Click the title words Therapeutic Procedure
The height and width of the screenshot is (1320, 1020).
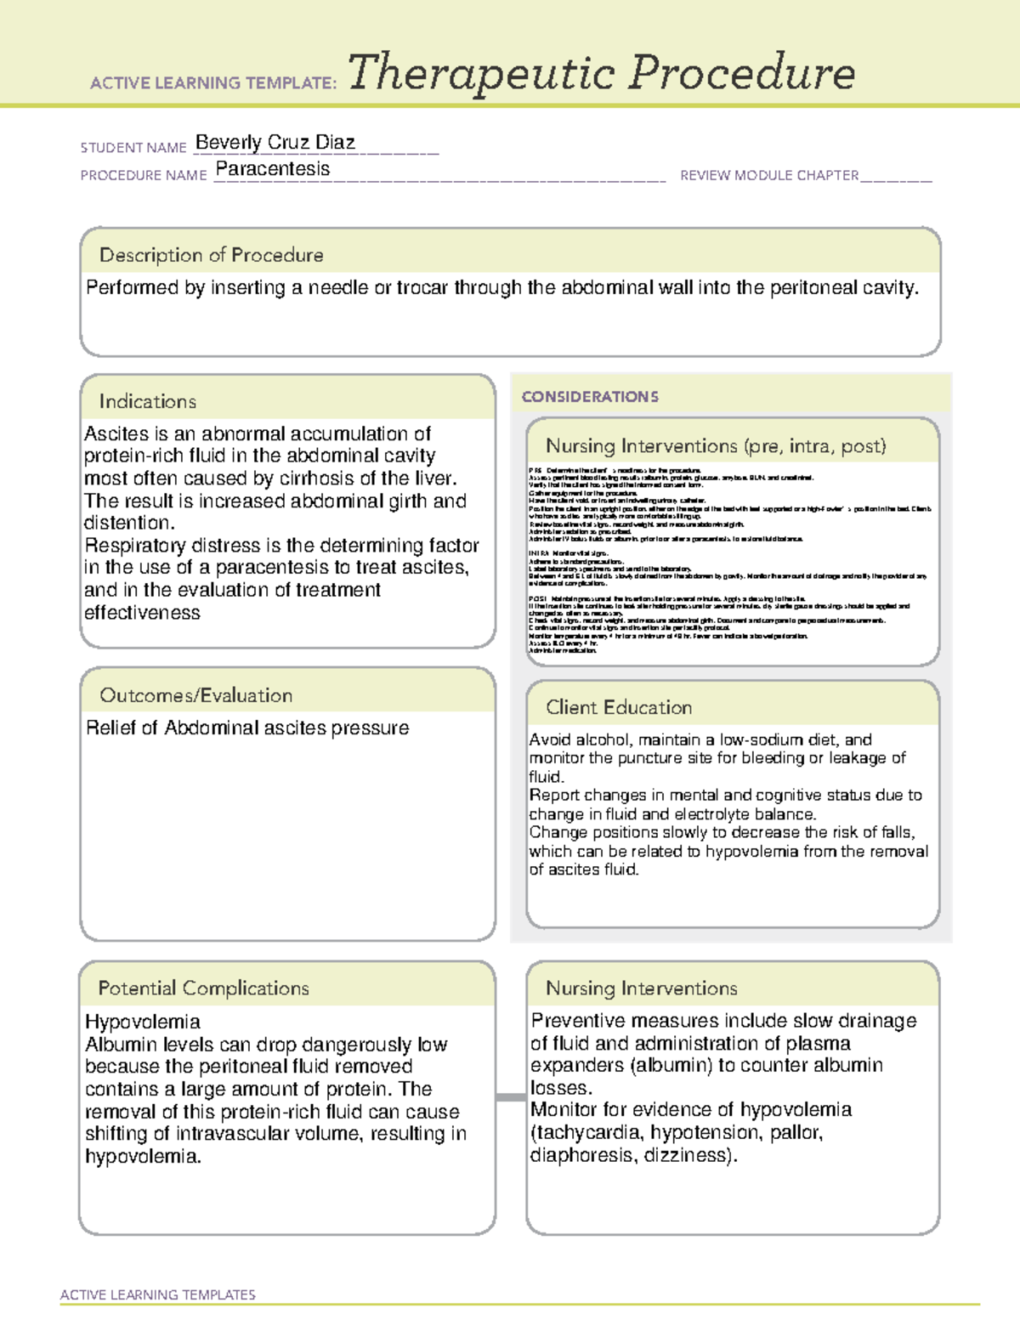[601, 73]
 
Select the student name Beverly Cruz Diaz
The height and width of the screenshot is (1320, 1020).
[275, 142]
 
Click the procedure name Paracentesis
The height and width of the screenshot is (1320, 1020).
[273, 169]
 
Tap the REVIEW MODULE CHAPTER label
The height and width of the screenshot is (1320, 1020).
[768, 175]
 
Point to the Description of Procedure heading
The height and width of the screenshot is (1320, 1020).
[211, 255]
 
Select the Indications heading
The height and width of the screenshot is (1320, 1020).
[147, 401]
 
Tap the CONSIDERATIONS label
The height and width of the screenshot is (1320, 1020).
[590, 397]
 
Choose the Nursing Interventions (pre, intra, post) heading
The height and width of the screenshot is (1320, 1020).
[716, 446]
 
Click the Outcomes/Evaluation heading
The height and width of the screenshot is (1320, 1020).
[195, 695]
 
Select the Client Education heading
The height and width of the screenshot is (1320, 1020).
[619, 707]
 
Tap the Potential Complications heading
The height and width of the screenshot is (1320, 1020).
[203, 989]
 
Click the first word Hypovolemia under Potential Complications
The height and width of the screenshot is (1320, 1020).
[142, 1022]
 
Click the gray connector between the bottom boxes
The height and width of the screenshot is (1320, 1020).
[510, 1097]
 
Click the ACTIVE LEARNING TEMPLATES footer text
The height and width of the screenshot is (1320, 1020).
[157, 1295]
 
